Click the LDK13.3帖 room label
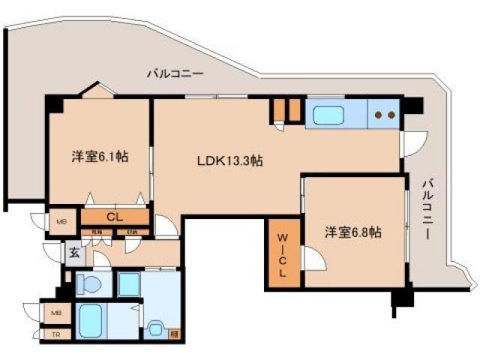[229, 160]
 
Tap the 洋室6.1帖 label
[99, 157]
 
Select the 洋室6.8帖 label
[352, 232]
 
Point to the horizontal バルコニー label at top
[175, 74]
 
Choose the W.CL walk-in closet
[283, 254]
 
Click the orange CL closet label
[114, 217]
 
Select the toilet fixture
[88, 284]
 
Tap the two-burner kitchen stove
[385, 115]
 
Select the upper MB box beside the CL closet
[61, 221]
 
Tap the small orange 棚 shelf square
[174, 333]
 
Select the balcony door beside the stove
[414, 142]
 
